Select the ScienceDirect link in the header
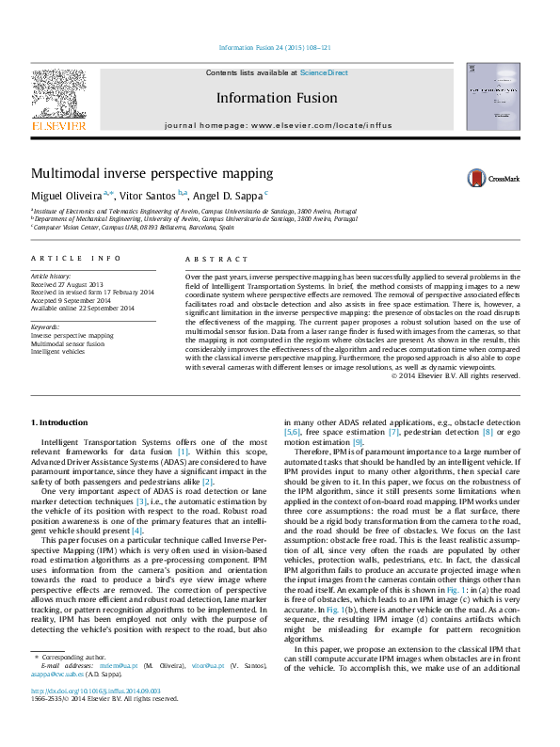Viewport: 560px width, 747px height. point(325,72)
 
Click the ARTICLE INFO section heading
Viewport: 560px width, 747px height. point(75,259)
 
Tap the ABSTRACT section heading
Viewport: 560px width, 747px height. point(216,259)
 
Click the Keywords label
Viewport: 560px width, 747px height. point(45,326)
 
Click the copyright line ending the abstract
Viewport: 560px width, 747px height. point(456,375)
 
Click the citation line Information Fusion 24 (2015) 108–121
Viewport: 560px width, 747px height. point(275,47)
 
